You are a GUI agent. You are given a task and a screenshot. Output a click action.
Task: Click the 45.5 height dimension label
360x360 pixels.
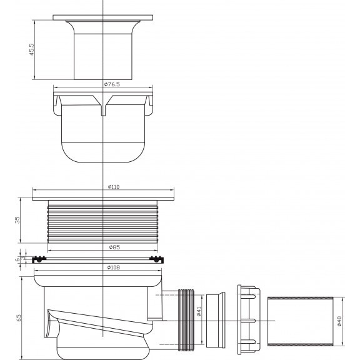point(31,49)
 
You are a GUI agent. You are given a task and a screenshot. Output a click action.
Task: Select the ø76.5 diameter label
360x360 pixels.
point(112,84)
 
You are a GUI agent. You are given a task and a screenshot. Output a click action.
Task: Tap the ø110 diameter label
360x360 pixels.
point(114,187)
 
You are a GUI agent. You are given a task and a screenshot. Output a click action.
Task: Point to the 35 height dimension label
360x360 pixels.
point(17,220)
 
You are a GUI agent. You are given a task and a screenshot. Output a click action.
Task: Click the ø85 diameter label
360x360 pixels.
point(114,247)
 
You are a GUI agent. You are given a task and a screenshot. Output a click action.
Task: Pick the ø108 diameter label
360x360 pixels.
point(113,267)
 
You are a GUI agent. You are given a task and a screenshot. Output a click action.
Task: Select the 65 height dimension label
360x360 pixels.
point(19,317)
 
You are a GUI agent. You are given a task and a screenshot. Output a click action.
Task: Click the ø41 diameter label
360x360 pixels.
point(199,311)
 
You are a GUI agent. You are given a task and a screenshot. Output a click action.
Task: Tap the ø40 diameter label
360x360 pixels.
point(339,321)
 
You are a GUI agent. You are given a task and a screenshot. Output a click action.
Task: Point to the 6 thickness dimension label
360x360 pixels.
point(17,259)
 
